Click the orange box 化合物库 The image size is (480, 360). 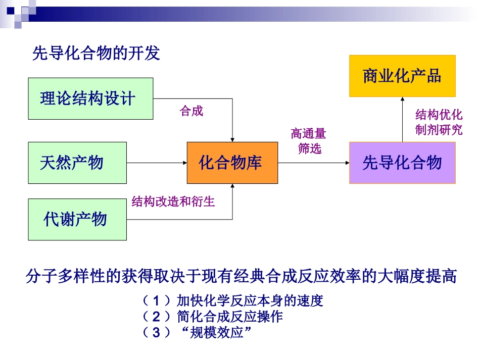pos(232,163)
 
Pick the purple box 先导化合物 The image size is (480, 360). pos(402,163)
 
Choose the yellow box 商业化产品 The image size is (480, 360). pos(402,76)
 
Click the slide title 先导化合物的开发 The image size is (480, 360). pos(96,53)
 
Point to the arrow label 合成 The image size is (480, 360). pos(191,112)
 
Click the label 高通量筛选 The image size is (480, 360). pos(309,141)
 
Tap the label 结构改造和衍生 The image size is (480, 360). pos(173,202)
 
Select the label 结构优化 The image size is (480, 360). pos(439,114)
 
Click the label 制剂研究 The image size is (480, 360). pos(439,130)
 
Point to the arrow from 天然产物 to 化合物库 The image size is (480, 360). pos(157,163)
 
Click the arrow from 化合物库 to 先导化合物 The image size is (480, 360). pos(313,163)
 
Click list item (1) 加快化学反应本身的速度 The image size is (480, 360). pos(232,301)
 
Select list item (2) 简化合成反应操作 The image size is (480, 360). pos(212,317)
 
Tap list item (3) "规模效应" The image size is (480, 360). pos(197,333)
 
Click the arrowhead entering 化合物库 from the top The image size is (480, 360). pos(232,138)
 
